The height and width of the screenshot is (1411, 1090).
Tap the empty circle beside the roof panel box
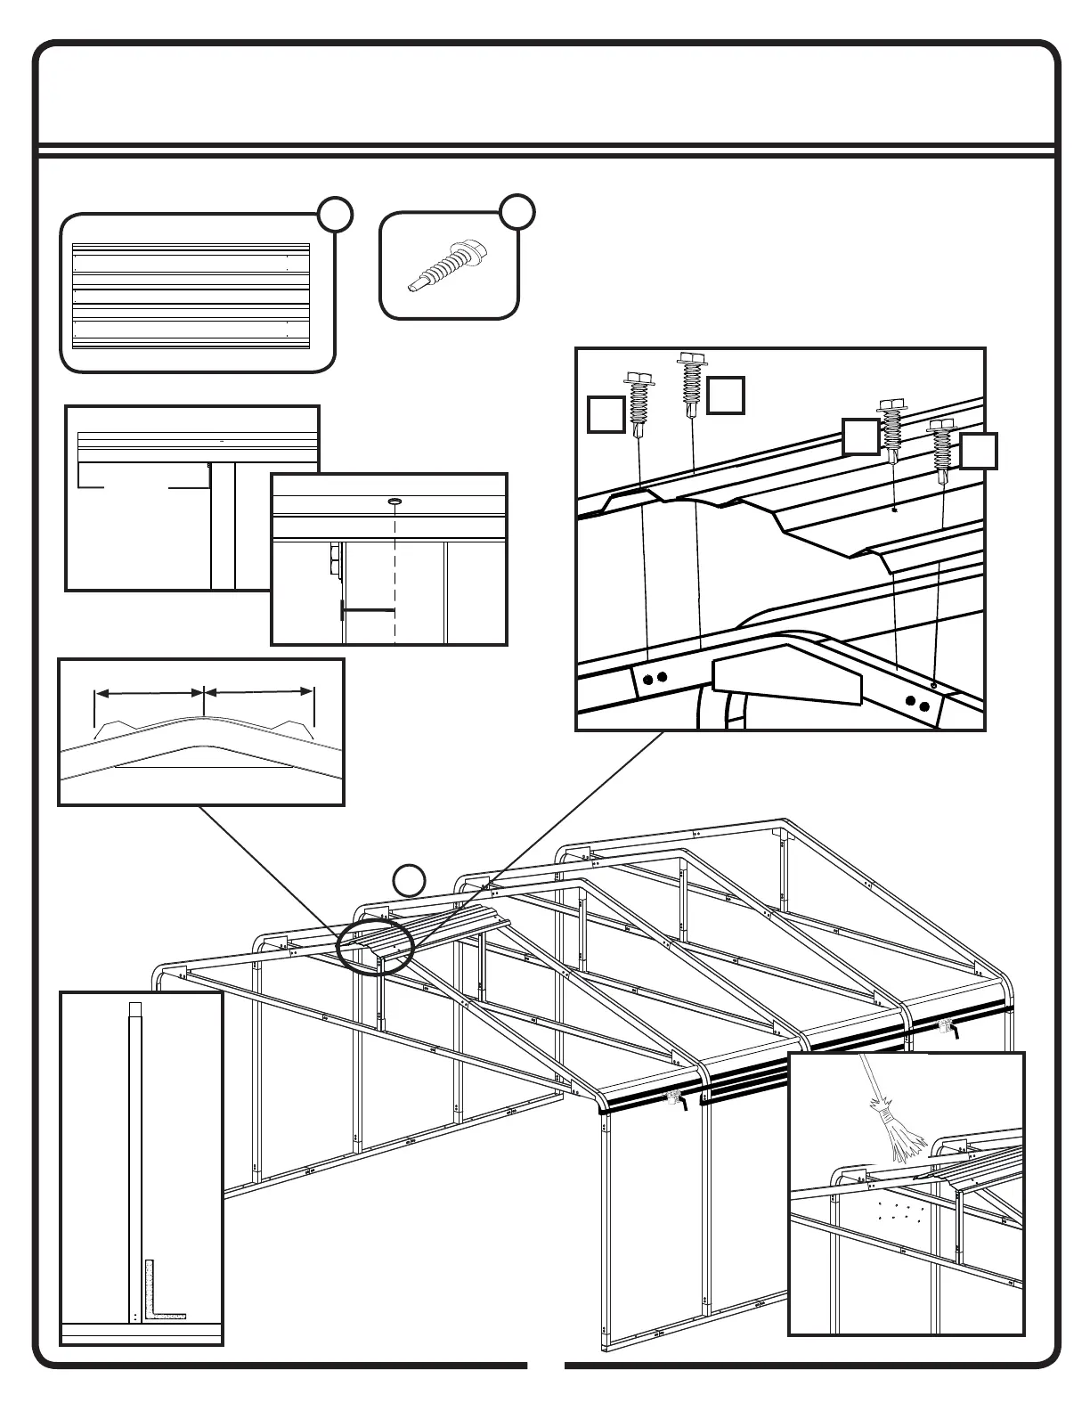335,215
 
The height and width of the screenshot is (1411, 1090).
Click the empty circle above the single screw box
517,210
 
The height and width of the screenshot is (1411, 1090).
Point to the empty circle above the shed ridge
409,879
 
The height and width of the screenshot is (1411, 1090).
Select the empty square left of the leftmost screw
606,415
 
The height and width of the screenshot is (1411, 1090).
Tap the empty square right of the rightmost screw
979,451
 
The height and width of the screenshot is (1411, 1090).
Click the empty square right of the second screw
726,396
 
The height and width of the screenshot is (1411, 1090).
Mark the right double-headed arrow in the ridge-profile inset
259,691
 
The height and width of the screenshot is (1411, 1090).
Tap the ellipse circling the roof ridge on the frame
375,947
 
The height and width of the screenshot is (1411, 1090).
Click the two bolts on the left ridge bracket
655,680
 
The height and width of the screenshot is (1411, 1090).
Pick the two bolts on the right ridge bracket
918,704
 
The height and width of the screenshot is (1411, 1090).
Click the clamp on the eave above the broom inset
946,1028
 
